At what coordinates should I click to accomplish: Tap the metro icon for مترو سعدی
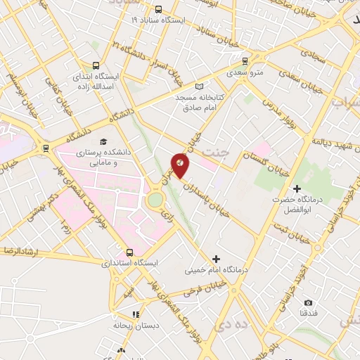click(245, 61)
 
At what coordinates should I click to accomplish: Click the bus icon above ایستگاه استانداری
click(129, 252)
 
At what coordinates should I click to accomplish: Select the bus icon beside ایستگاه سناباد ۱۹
click(158, 10)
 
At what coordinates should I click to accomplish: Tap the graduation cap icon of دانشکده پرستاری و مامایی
click(104, 141)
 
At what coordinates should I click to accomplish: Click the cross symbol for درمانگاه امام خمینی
click(216, 259)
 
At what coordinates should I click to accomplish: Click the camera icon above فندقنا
click(308, 302)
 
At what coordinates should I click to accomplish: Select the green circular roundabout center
click(155, 200)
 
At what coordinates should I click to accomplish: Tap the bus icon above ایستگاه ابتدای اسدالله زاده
click(95, 62)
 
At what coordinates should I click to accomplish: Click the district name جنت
click(215, 151)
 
